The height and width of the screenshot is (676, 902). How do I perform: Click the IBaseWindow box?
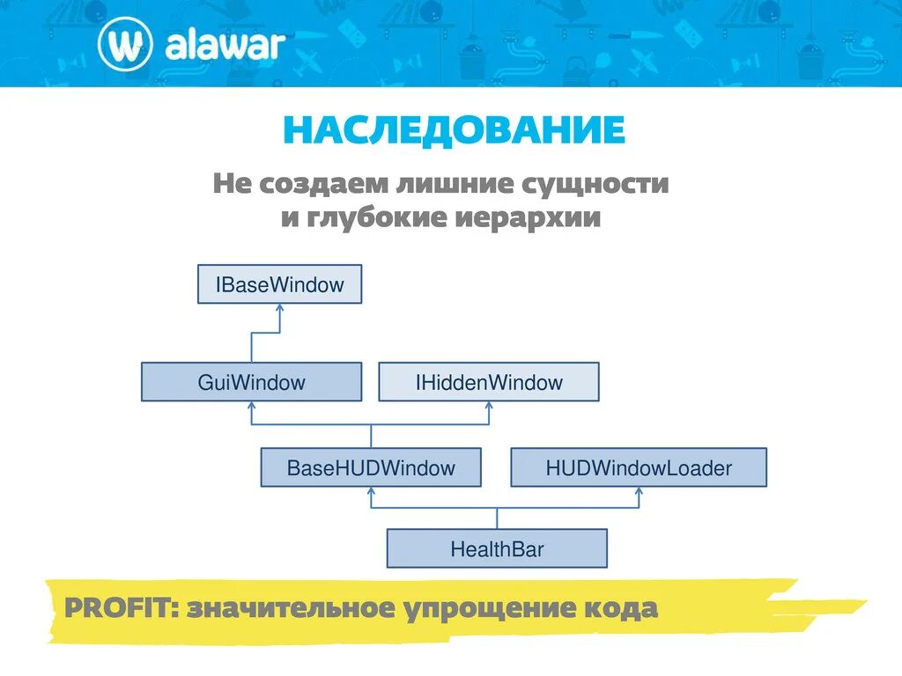click(x=279, y=284)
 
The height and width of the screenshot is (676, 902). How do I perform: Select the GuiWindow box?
click(x=251, y=382)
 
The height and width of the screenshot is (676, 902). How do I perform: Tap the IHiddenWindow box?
click(x=489, y=382)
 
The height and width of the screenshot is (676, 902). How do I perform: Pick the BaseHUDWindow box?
click(x=371, y=467)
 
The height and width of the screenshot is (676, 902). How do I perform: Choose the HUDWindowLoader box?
click(x=639, y=467)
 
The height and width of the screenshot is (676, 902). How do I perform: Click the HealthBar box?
click(x=497, y=549)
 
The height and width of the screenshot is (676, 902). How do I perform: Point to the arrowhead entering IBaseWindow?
click(x=280, y=309)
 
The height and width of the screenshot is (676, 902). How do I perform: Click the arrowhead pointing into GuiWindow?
click(x=252, y=407)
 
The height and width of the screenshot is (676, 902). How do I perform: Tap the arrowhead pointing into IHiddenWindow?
click(x=489, y=407)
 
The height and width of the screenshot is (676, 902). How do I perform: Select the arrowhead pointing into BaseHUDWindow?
click(x=371, y=491)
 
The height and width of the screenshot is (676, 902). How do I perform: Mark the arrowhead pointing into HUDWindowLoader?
click(x=640, y=491)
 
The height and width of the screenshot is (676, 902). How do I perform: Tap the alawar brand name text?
click(x=224, y=45)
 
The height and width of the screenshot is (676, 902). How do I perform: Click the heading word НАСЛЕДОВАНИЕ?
click(x=454, y=130)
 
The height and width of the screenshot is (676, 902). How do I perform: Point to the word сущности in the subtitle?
click(x=596, y=184)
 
